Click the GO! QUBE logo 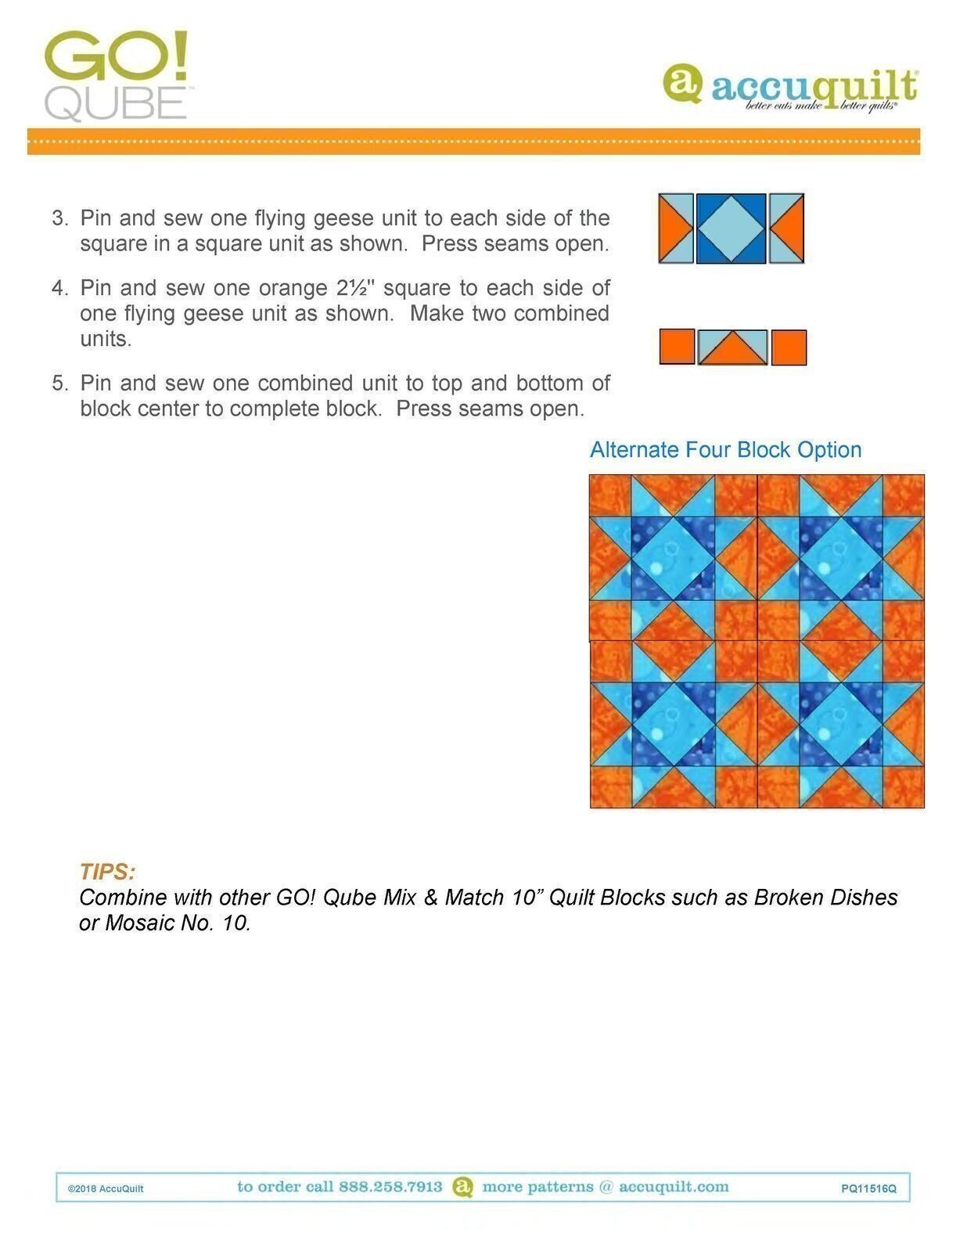click(116, 75)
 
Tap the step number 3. click(60, 218)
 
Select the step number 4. click(60, 288)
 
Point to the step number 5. click(60, 383)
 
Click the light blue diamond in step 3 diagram click(731, 228)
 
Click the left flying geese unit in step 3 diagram click(676, 228)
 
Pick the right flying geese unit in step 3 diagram click(786, 228)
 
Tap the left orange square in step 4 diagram click(677, 347)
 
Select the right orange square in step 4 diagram click(789, 347)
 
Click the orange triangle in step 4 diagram click(732, 352)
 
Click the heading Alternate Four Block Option click(725, 450)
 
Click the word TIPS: click(107, 872)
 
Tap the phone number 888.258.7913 click(390, 1187)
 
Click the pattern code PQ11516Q click(868, 1189)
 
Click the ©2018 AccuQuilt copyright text click(106, 1189)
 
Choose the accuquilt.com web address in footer click(674, 1187)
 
